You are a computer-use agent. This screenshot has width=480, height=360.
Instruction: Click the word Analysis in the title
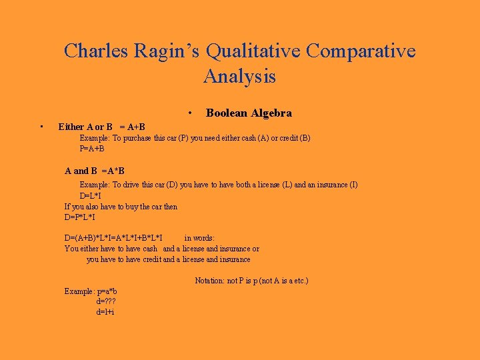click(240, 77)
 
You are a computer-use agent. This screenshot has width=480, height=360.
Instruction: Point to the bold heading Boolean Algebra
click(249, 113)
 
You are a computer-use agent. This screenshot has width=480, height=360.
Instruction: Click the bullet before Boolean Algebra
click(190, 113)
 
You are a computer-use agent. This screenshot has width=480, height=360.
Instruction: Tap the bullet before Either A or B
click(41, 127)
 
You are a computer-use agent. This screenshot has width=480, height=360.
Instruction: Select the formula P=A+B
click(92, 149)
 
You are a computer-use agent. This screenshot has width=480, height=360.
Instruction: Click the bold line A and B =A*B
click(95, 171)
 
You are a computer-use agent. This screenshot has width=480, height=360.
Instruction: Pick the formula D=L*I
click(91, 195)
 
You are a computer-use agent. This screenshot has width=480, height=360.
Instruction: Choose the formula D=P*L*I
click(80, 217)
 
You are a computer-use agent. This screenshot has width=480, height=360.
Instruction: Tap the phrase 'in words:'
click(199, 238)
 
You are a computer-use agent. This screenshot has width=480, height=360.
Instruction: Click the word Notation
click(209, 281)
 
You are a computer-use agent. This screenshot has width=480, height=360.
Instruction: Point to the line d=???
click(105, 301)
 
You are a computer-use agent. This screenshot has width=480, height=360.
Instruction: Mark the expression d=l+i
click(105, 311)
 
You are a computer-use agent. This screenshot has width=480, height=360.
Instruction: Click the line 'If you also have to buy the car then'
click(121, 207)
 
